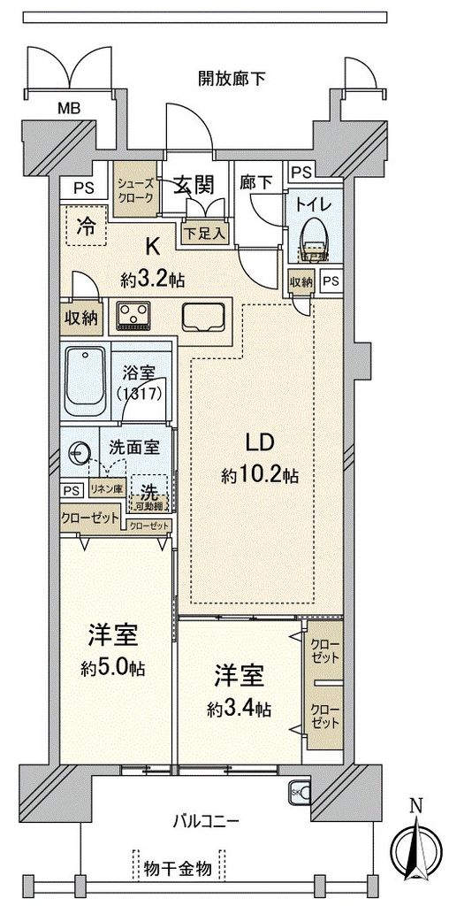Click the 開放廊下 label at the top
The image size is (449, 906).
[x=232, y=79]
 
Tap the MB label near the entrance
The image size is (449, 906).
[x=69, y=109]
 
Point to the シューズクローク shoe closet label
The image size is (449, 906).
[x=135, y=187]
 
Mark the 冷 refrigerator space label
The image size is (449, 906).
[x=86, y=225]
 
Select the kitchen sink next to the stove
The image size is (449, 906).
[x=204, y=316]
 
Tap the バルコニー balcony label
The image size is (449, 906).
[x=205, y=821]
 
